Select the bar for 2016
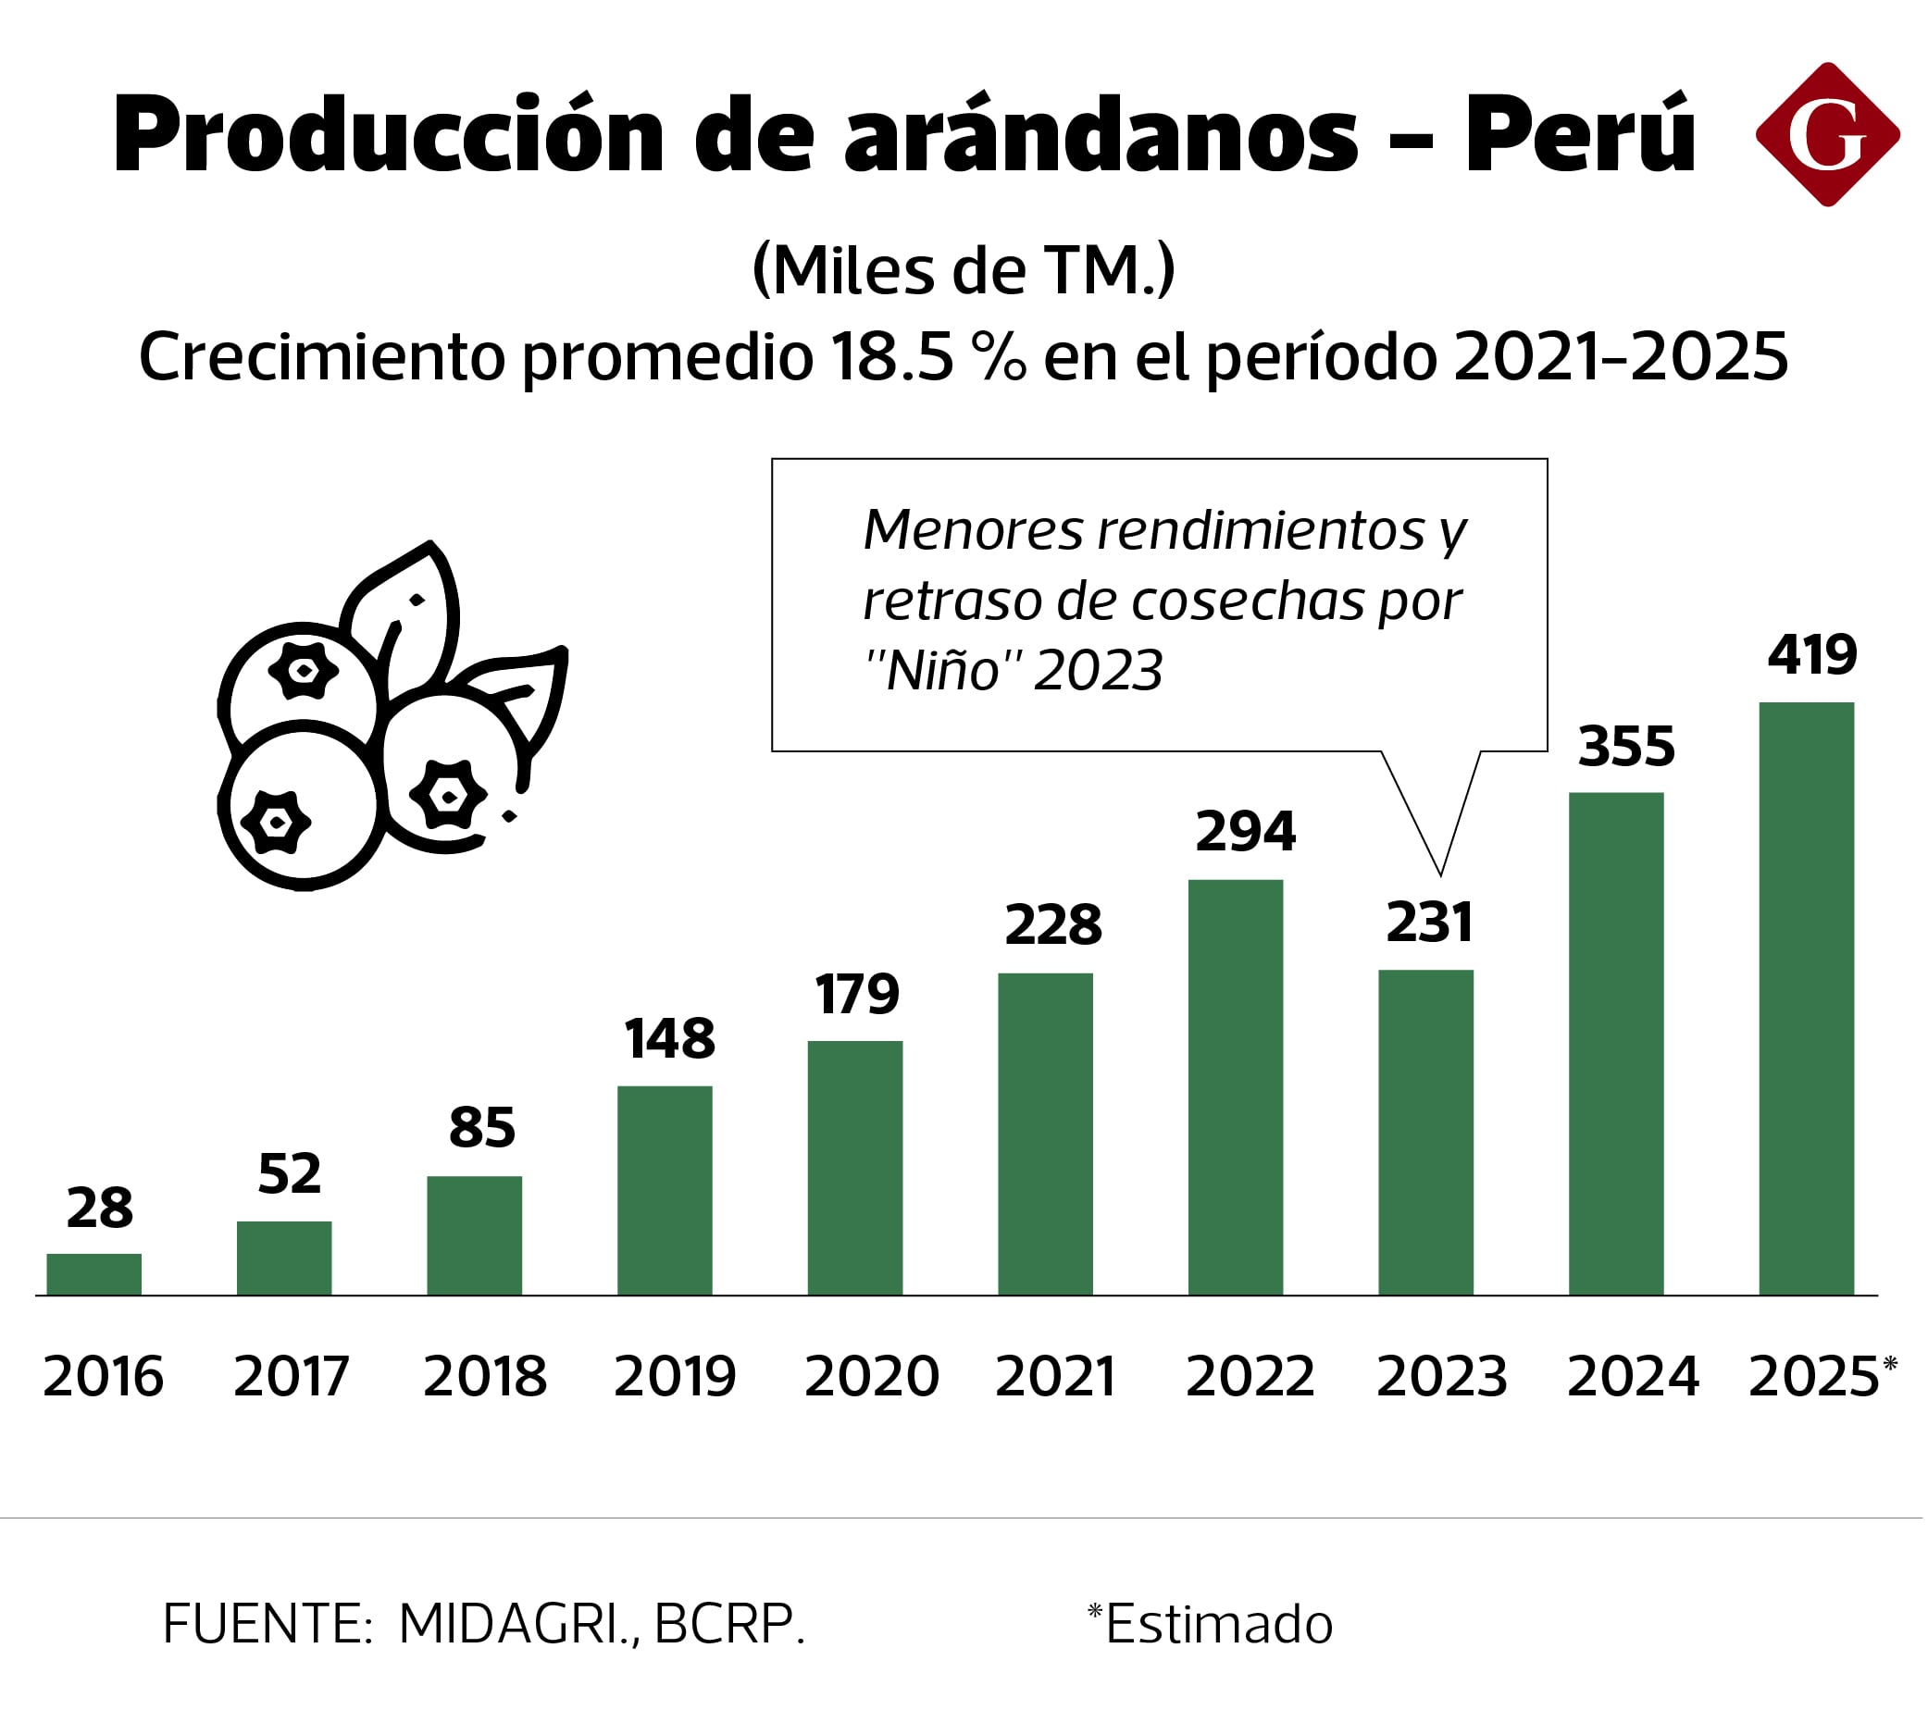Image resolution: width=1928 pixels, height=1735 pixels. pos(93,1273)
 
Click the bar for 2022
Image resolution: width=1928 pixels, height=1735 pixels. pos(1235,1086)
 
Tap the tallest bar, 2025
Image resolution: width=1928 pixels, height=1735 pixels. pos(1806,998)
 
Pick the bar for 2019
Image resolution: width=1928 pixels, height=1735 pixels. pos(664,1190)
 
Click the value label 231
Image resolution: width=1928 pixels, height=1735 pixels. pos(1428,922)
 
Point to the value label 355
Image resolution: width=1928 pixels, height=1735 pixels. pos(1624,747)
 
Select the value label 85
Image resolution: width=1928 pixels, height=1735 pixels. pos(481,1128)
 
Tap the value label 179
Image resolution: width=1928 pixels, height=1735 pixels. pos(856,995)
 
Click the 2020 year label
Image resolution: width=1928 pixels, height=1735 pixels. pos(871,1377)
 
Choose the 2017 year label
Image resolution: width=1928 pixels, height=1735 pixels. pos(291,1377)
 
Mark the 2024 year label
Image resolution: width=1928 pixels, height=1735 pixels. pos(1632,1377)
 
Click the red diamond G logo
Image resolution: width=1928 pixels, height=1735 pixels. pos(1826,134)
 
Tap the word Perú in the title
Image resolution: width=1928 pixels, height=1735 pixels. pos(1580,134)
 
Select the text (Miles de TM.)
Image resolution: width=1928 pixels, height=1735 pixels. pos(963,270)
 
